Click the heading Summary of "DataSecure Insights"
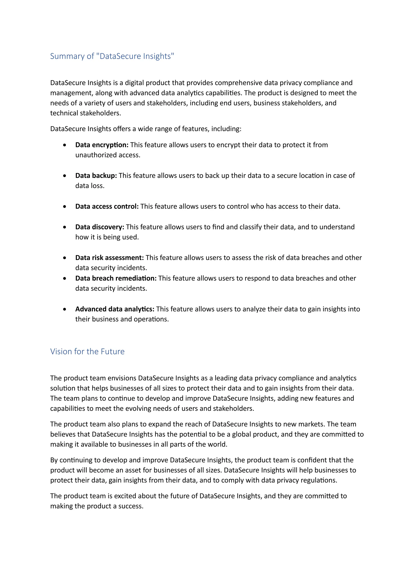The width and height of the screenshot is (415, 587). pos(112,56)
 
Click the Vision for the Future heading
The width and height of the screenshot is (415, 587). pos(87,351)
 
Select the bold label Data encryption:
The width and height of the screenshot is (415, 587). pos(102,145)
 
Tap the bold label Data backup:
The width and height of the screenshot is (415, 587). pos(96,176)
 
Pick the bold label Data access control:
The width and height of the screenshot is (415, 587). pos(107,207)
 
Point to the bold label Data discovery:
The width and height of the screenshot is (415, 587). pos(100,227)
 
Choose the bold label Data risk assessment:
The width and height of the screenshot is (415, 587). pos(109,258)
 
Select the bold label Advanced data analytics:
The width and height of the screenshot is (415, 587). pos(115,309)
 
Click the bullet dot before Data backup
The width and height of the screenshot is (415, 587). pos(65,176)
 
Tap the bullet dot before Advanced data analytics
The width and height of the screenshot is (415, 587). pos(65,309)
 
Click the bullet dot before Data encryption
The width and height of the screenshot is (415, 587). pos(65,145)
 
